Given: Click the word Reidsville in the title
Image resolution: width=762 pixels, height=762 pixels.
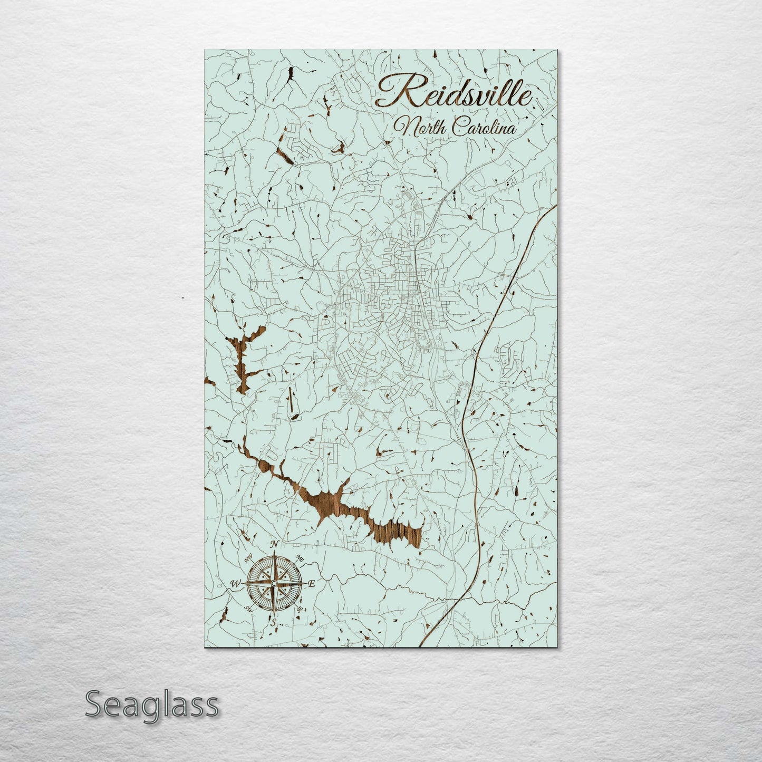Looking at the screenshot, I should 454,95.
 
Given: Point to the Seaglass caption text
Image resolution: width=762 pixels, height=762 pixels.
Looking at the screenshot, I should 151,704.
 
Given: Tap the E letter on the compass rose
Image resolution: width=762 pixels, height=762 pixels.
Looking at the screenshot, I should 311,584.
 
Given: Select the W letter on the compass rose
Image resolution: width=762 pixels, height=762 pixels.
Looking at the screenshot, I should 236,584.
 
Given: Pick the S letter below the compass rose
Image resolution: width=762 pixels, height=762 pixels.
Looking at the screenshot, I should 274,622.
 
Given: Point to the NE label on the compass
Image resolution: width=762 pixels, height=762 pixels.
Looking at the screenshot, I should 300,558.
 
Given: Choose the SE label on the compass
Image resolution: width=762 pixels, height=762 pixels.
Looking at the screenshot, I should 299,609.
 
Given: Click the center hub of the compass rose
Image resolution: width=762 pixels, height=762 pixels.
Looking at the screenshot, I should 274,583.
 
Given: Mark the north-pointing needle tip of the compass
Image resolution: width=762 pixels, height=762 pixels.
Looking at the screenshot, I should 274,553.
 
